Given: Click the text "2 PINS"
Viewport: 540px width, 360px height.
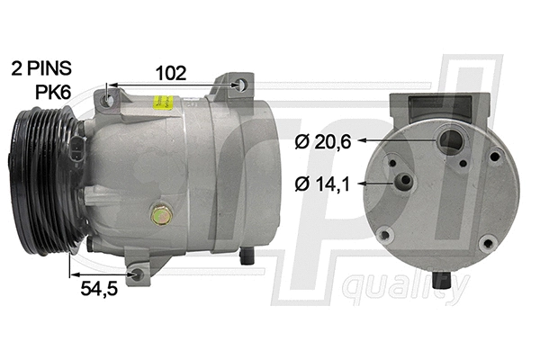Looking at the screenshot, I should click(x=40, y=67).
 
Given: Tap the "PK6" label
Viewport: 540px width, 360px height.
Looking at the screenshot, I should click(x=54, y=91).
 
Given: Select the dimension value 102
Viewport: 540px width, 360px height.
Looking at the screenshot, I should click(x=171, y=73).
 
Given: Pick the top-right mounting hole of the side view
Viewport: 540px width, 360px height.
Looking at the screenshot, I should click(x=240, y=85).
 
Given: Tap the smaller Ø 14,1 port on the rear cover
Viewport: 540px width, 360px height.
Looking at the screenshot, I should click(x=407, y=183).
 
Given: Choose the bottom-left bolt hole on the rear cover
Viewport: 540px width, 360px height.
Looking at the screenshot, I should click(x=385, y=236).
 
